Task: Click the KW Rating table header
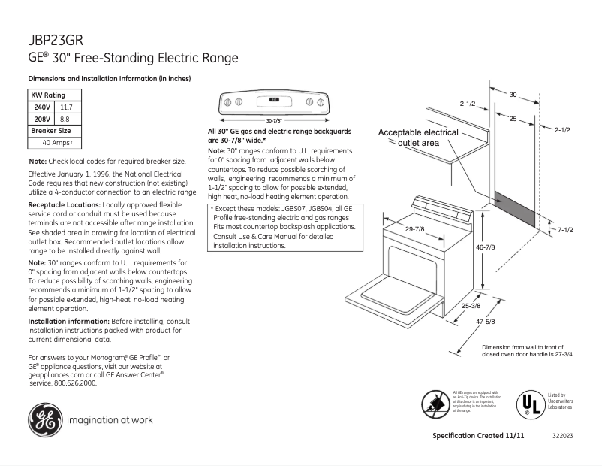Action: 47,95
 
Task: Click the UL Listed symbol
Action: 527,403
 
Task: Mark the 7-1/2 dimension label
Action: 566,228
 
